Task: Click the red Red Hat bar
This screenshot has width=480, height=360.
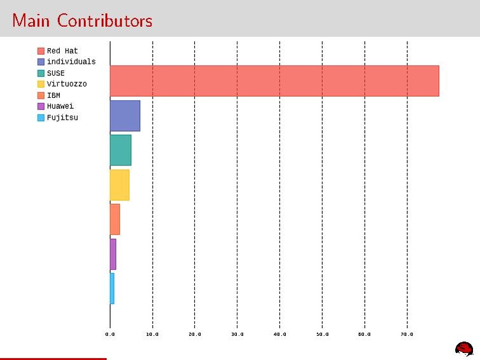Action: point(274,81)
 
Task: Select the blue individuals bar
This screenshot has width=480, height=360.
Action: point(125,116)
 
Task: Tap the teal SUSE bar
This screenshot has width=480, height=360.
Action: point(120,150)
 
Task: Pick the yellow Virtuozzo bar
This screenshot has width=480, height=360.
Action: point(120,185)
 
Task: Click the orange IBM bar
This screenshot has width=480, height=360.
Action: point(115,219)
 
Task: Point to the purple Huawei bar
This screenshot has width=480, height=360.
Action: point(113,254)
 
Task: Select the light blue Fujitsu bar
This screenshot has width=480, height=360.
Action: point(112,288)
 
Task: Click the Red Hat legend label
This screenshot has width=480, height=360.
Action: point(62,51)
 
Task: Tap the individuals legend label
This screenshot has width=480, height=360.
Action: point(71,62)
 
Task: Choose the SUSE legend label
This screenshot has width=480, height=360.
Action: point(56,73)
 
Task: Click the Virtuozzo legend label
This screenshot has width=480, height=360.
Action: point(67,84)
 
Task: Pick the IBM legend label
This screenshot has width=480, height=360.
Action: point(53,95)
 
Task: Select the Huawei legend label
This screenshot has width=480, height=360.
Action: point(60,106)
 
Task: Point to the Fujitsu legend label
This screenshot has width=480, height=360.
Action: point(62,117)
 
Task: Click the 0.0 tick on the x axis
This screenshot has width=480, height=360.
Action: point(110,334)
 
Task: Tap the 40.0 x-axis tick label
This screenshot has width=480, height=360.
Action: point(279,334)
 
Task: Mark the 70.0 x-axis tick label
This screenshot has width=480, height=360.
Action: point(407,334)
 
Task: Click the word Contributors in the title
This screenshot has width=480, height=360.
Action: point(104,20)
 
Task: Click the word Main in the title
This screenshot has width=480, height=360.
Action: point(32,20)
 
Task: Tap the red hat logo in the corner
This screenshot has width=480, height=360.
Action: point(463,348)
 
